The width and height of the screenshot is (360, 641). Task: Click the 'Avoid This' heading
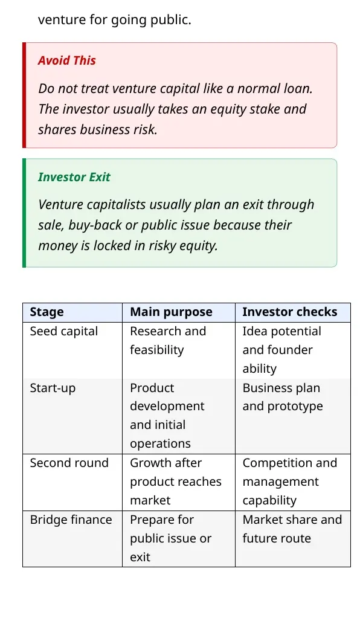(66, 60)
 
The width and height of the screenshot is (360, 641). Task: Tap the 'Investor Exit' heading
(74, 177)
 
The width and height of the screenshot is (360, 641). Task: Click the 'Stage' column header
(47, 312)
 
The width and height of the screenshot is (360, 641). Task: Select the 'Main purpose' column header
(171, 312)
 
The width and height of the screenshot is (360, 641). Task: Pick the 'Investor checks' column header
(290, 312)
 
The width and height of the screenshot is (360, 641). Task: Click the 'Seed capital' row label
(64, 331)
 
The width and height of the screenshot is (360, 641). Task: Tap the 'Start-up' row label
(53, 388)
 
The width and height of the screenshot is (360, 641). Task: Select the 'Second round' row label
(69, 463)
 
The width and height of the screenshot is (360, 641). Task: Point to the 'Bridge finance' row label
(71, 520)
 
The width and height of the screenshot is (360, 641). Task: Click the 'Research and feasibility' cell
(168, 341)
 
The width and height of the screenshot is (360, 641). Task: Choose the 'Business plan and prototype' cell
(283, 397)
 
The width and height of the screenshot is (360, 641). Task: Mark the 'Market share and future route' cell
(292, 529)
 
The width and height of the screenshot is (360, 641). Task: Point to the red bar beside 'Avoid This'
(24, 95)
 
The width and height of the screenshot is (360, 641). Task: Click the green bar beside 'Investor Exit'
(24, 213)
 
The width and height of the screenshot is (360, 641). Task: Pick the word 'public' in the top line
(171, 19)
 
